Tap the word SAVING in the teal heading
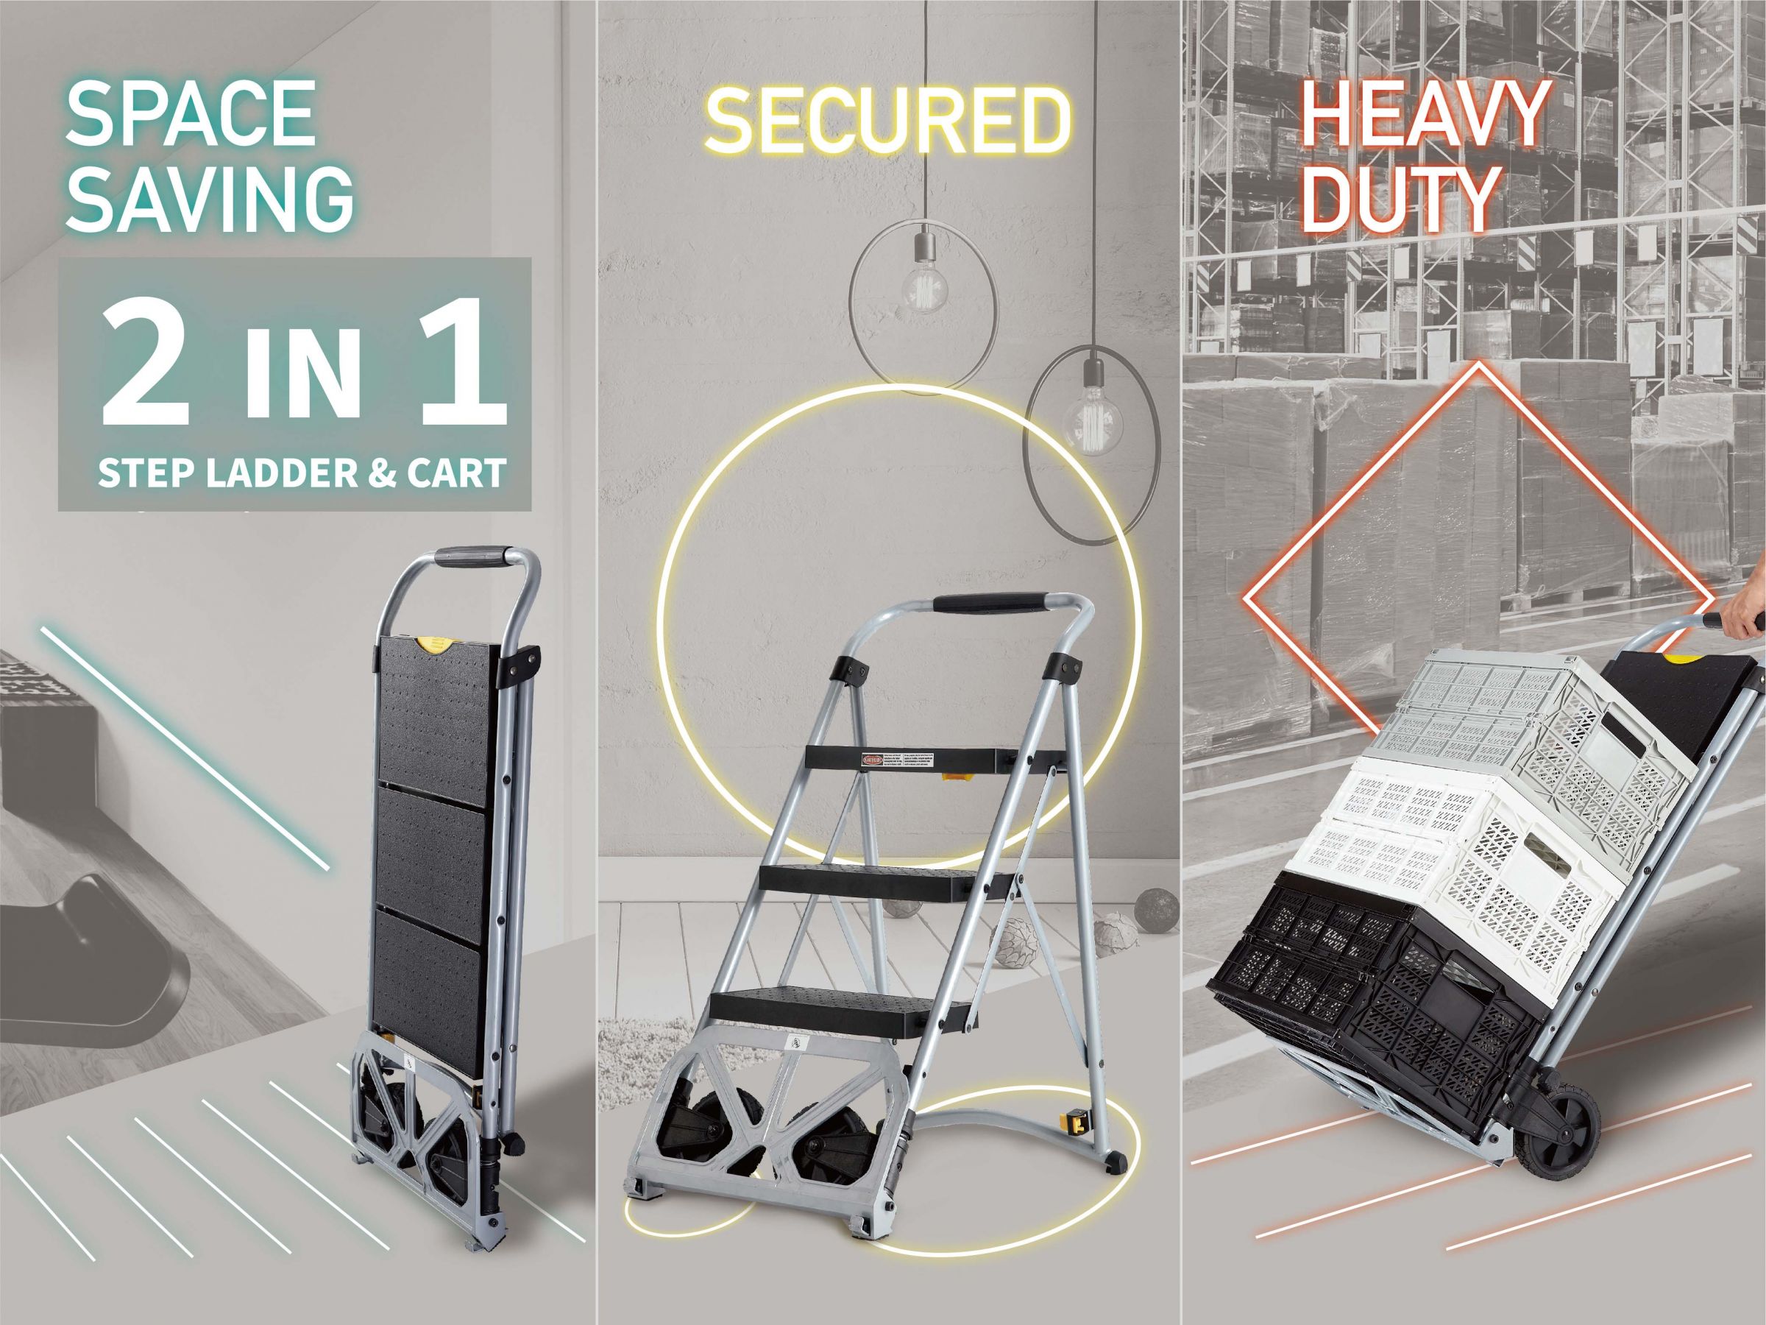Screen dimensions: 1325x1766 (x=209, y=200)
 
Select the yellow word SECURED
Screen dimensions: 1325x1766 (x=886, y=121)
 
